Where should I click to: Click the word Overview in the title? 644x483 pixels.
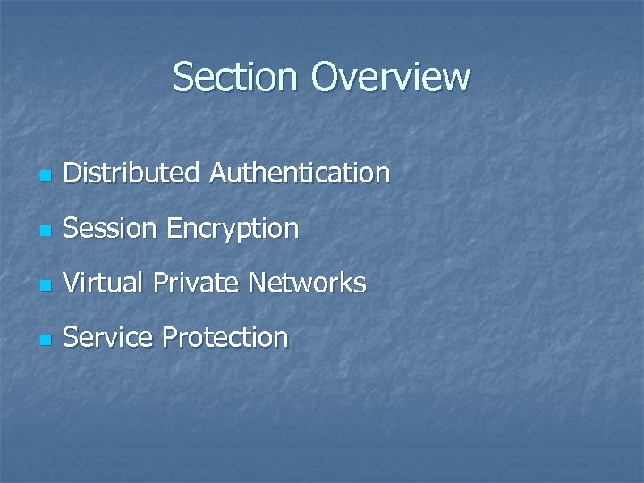pos(390,77)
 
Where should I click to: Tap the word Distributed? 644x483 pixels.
pos(132,173)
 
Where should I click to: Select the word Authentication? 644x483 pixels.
pos(300,173)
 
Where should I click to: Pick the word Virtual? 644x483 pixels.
pos(104,284)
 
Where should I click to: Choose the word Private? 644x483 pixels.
pos(196,284)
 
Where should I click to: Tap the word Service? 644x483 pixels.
pos(106,338)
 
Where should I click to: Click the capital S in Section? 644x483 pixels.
pos(182,77)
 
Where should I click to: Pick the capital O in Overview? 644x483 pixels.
pos(327,77)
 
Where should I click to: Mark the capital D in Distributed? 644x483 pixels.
pos(73,173)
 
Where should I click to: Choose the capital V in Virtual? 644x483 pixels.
pos(72,284)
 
